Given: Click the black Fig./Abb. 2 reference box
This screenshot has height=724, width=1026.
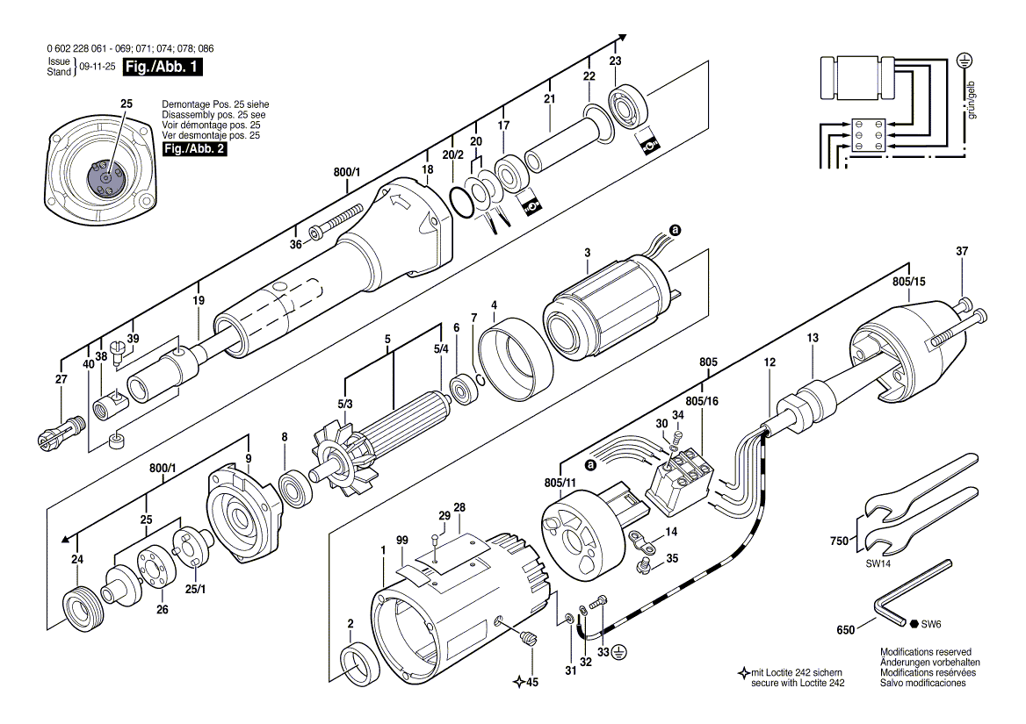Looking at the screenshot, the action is click(194, 148).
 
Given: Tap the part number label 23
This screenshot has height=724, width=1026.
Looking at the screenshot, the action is click(615, 61).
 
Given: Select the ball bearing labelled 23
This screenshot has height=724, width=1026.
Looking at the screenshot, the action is click(628, 107).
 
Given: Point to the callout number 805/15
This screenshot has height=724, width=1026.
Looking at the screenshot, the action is click(909, 282).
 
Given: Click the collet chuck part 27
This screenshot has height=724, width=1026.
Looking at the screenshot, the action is click(59, 432).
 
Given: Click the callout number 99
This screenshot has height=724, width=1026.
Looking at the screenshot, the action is click(401, 540).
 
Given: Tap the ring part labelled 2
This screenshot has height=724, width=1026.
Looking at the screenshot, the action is click(358, 664).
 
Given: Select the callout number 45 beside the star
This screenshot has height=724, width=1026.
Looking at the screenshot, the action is click(532, 683).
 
